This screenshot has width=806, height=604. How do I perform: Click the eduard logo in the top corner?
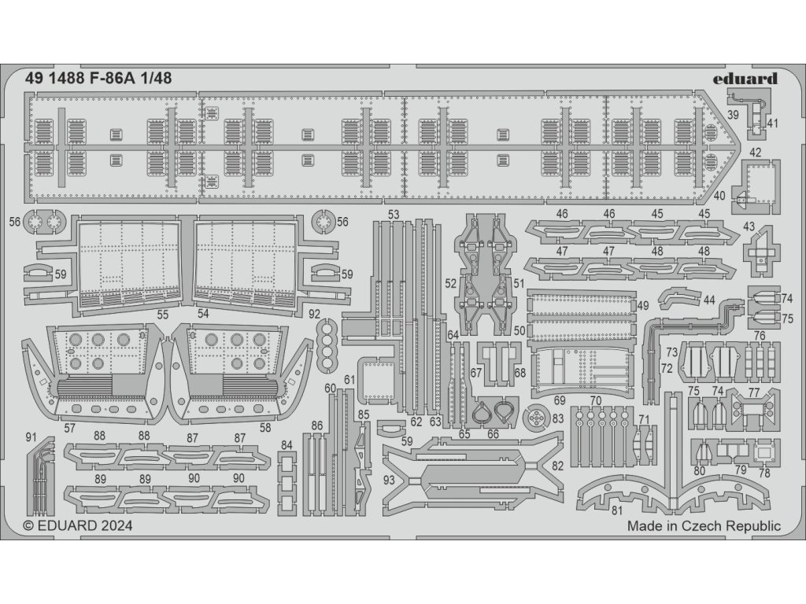[x=749, y=78]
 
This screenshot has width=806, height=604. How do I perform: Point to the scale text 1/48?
[x=153, y=78]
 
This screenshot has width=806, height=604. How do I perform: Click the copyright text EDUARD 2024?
[x=78, y=526]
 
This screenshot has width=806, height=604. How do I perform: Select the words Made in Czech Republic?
[x=704, y=526]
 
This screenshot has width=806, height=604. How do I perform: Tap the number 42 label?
[x=755, y=152]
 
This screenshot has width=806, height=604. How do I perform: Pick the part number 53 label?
[x=394, y=214]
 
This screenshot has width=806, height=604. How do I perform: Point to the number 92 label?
[x=315, y=313]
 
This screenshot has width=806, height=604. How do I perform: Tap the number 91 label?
[x=31, y=436]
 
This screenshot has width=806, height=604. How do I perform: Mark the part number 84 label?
[x=287, y=445]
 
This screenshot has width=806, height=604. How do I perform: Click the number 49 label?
[x=643, y=305]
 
